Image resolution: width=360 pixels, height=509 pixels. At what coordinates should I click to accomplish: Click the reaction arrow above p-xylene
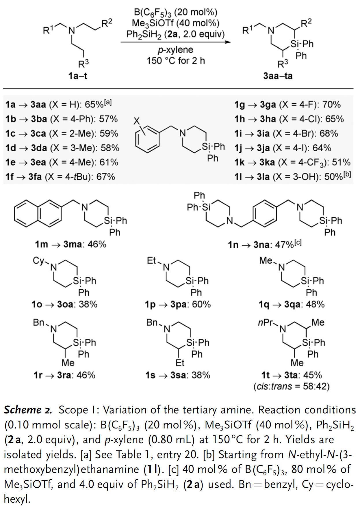point(176,42)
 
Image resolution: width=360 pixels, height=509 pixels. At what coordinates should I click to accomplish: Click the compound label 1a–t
point(78,76)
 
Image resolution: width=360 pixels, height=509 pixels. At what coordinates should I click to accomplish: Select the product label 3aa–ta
point(278,76)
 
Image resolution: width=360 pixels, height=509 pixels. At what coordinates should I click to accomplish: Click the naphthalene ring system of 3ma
point(38,213)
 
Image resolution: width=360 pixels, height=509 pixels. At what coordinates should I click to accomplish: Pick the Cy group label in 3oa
point(38,260)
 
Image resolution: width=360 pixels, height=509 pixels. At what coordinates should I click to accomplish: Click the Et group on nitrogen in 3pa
point(151,260)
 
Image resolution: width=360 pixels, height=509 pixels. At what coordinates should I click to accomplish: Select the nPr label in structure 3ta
point(265,322)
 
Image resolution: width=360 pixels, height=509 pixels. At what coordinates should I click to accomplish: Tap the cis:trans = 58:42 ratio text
point(292,386)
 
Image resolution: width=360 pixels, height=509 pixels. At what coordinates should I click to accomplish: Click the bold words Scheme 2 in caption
point(28,410)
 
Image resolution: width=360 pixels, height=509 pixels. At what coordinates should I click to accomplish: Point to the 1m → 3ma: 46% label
point(70,244)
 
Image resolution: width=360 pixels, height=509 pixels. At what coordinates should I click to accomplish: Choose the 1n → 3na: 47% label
point(264,244)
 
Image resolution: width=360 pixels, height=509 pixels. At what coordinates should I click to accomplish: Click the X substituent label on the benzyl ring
point(136,121)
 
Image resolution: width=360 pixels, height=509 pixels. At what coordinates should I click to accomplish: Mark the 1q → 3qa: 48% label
point(292,304)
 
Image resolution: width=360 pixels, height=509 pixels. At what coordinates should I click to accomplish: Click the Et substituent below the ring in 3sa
point(180,363)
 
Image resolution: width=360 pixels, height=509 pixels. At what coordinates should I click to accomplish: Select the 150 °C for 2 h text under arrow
point(176,61)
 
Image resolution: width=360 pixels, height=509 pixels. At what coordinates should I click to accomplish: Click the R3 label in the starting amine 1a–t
point(83,63)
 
